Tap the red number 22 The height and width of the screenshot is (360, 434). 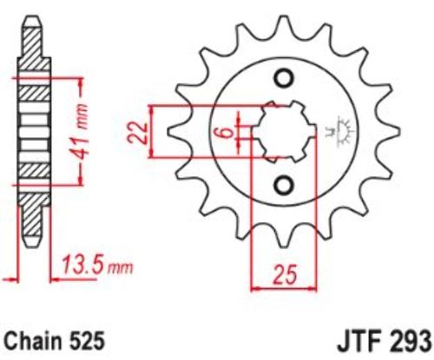pos(138,133)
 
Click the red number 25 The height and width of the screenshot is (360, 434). pos(285,274)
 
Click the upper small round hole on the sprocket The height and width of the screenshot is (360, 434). pos(284,78)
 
